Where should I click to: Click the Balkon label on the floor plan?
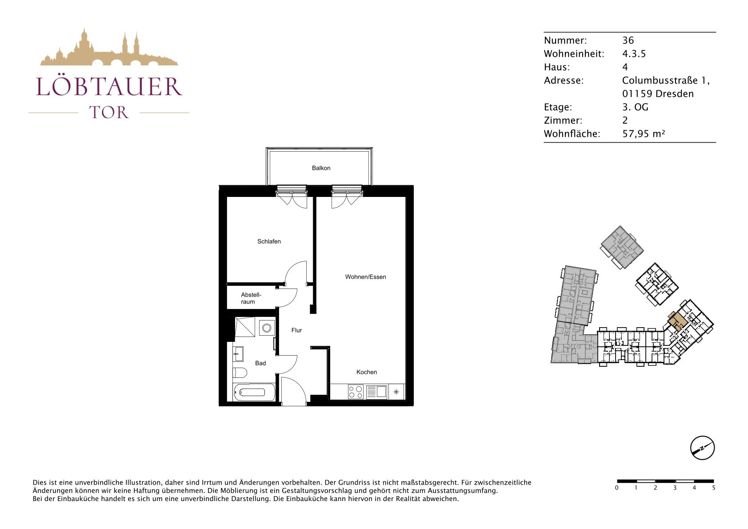tap(321, 168)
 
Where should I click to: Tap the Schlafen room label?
tap(269, 241)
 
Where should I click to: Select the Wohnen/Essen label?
tap(365, 277)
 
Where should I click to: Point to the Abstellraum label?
tap(251, 298)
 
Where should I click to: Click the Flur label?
tap(296, 330)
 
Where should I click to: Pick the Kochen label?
tap(366, 372)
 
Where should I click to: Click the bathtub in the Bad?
tap(255, 392)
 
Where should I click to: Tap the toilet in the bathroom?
tap(240, 373)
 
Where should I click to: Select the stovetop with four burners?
tap(356, 392)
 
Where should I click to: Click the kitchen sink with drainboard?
tap(376, 392)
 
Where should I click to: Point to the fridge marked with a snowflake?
tap(396, 392)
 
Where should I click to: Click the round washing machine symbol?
tap(267, 328)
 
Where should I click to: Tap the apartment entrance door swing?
tap(293, 391)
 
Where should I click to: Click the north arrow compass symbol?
tap(702, 448)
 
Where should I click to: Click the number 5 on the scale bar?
tap(714, 488)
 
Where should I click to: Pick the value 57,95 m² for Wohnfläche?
tap(644, 134)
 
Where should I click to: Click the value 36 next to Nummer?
tap(628, 40)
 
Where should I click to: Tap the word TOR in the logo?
tap(109, 112)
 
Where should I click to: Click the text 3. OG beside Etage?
tap(635, 107)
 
